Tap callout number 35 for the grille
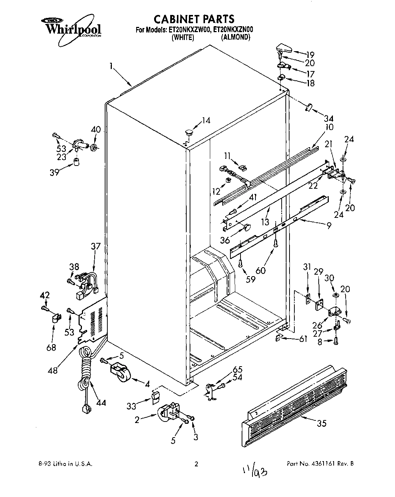click(x=321, y=423)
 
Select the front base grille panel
click(x=294, y=400)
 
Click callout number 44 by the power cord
click(x=100, y=403)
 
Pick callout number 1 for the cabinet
click(x=111, y=67)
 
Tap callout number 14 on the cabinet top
click(x=206, y=120)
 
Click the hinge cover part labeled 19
click(x=284, y=48)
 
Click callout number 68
click(x=51, y=348)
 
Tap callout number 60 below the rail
click(x=260, y=269)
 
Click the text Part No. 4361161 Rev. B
click(x=320, y=464)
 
